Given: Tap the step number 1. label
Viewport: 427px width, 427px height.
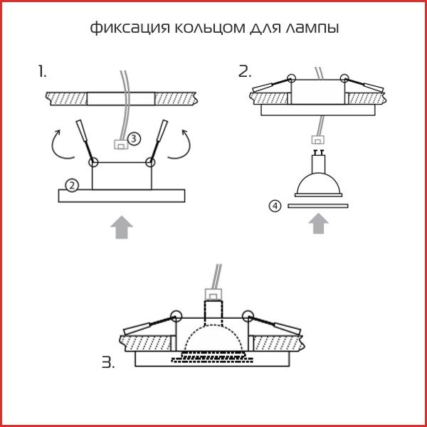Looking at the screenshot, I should coord(43,71).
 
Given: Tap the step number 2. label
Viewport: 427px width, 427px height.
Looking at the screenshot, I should coord(245,71).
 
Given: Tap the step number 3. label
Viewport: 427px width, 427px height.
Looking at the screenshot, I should coord(107,363).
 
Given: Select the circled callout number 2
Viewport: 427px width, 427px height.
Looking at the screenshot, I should coord(71,185).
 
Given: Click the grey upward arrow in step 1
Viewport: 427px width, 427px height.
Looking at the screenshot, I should coord(122,227).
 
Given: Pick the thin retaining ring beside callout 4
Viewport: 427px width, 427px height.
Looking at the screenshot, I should coord(317,206).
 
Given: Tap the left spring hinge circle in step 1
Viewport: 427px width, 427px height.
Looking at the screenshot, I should coord(93,162).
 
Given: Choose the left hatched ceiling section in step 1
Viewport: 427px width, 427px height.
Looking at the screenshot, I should coord(66,97).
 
